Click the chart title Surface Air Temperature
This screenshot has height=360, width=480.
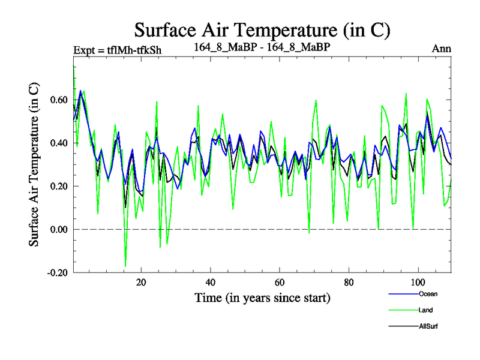tap(262, 29)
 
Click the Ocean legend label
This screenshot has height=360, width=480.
tap(427, 294)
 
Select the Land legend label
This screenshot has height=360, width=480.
tap(425, 310)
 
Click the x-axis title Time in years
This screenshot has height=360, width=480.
tap(262, 298)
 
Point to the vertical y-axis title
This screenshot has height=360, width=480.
tap(35, 163)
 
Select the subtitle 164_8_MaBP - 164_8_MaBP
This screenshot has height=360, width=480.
tap(263, 46)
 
